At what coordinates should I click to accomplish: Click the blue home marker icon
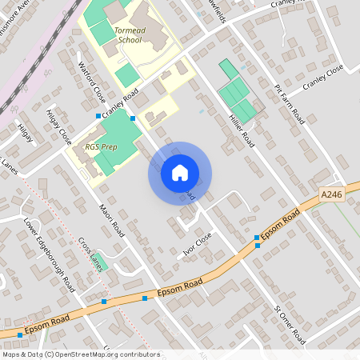(x=180, y=173)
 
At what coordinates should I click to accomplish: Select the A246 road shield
(x=331, y=194)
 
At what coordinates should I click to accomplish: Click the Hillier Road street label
(x=241, y=129)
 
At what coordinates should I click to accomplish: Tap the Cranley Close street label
(x=322, y=78)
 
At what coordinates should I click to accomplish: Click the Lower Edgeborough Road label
(x=50, y=254)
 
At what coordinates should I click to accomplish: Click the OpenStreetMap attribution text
(x=81, y=354)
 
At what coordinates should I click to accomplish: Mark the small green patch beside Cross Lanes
(x=101, y=263)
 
